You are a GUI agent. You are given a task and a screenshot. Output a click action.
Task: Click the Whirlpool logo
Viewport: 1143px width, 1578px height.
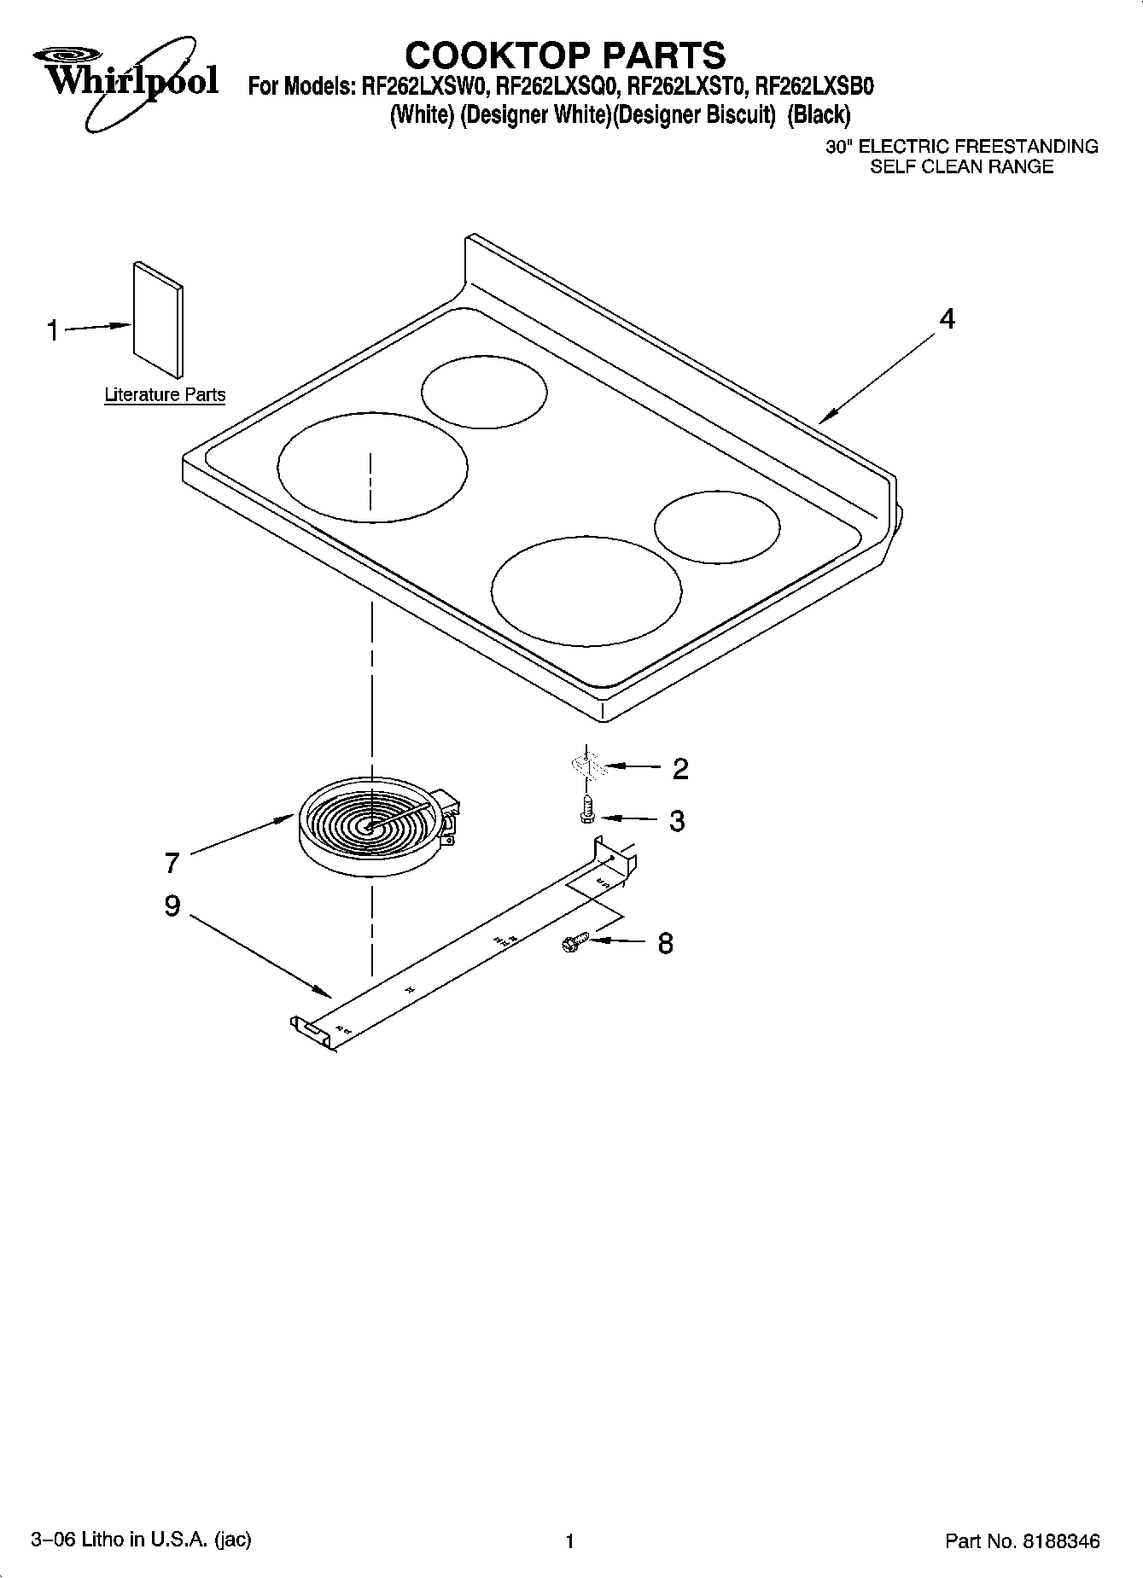126,81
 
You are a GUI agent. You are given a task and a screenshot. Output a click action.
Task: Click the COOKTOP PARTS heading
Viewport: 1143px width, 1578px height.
565,55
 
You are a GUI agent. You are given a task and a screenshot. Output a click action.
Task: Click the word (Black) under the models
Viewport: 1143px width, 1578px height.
819,114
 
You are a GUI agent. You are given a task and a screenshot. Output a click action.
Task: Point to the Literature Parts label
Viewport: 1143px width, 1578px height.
165,394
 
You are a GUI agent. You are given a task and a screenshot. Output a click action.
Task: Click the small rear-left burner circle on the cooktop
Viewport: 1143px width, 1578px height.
484,393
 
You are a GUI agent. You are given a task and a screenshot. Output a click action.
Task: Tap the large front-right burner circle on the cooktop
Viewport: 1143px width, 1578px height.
586,591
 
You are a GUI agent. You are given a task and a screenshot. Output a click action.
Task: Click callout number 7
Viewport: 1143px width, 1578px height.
172,863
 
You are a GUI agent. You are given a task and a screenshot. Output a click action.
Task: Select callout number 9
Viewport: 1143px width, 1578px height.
172,905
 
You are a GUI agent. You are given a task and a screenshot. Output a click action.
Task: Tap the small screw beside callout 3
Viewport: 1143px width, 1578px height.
586,808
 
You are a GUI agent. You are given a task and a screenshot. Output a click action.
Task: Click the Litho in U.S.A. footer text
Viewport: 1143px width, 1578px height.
141,1540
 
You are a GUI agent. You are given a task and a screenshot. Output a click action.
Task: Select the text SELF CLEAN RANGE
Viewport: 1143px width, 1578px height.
961,167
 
